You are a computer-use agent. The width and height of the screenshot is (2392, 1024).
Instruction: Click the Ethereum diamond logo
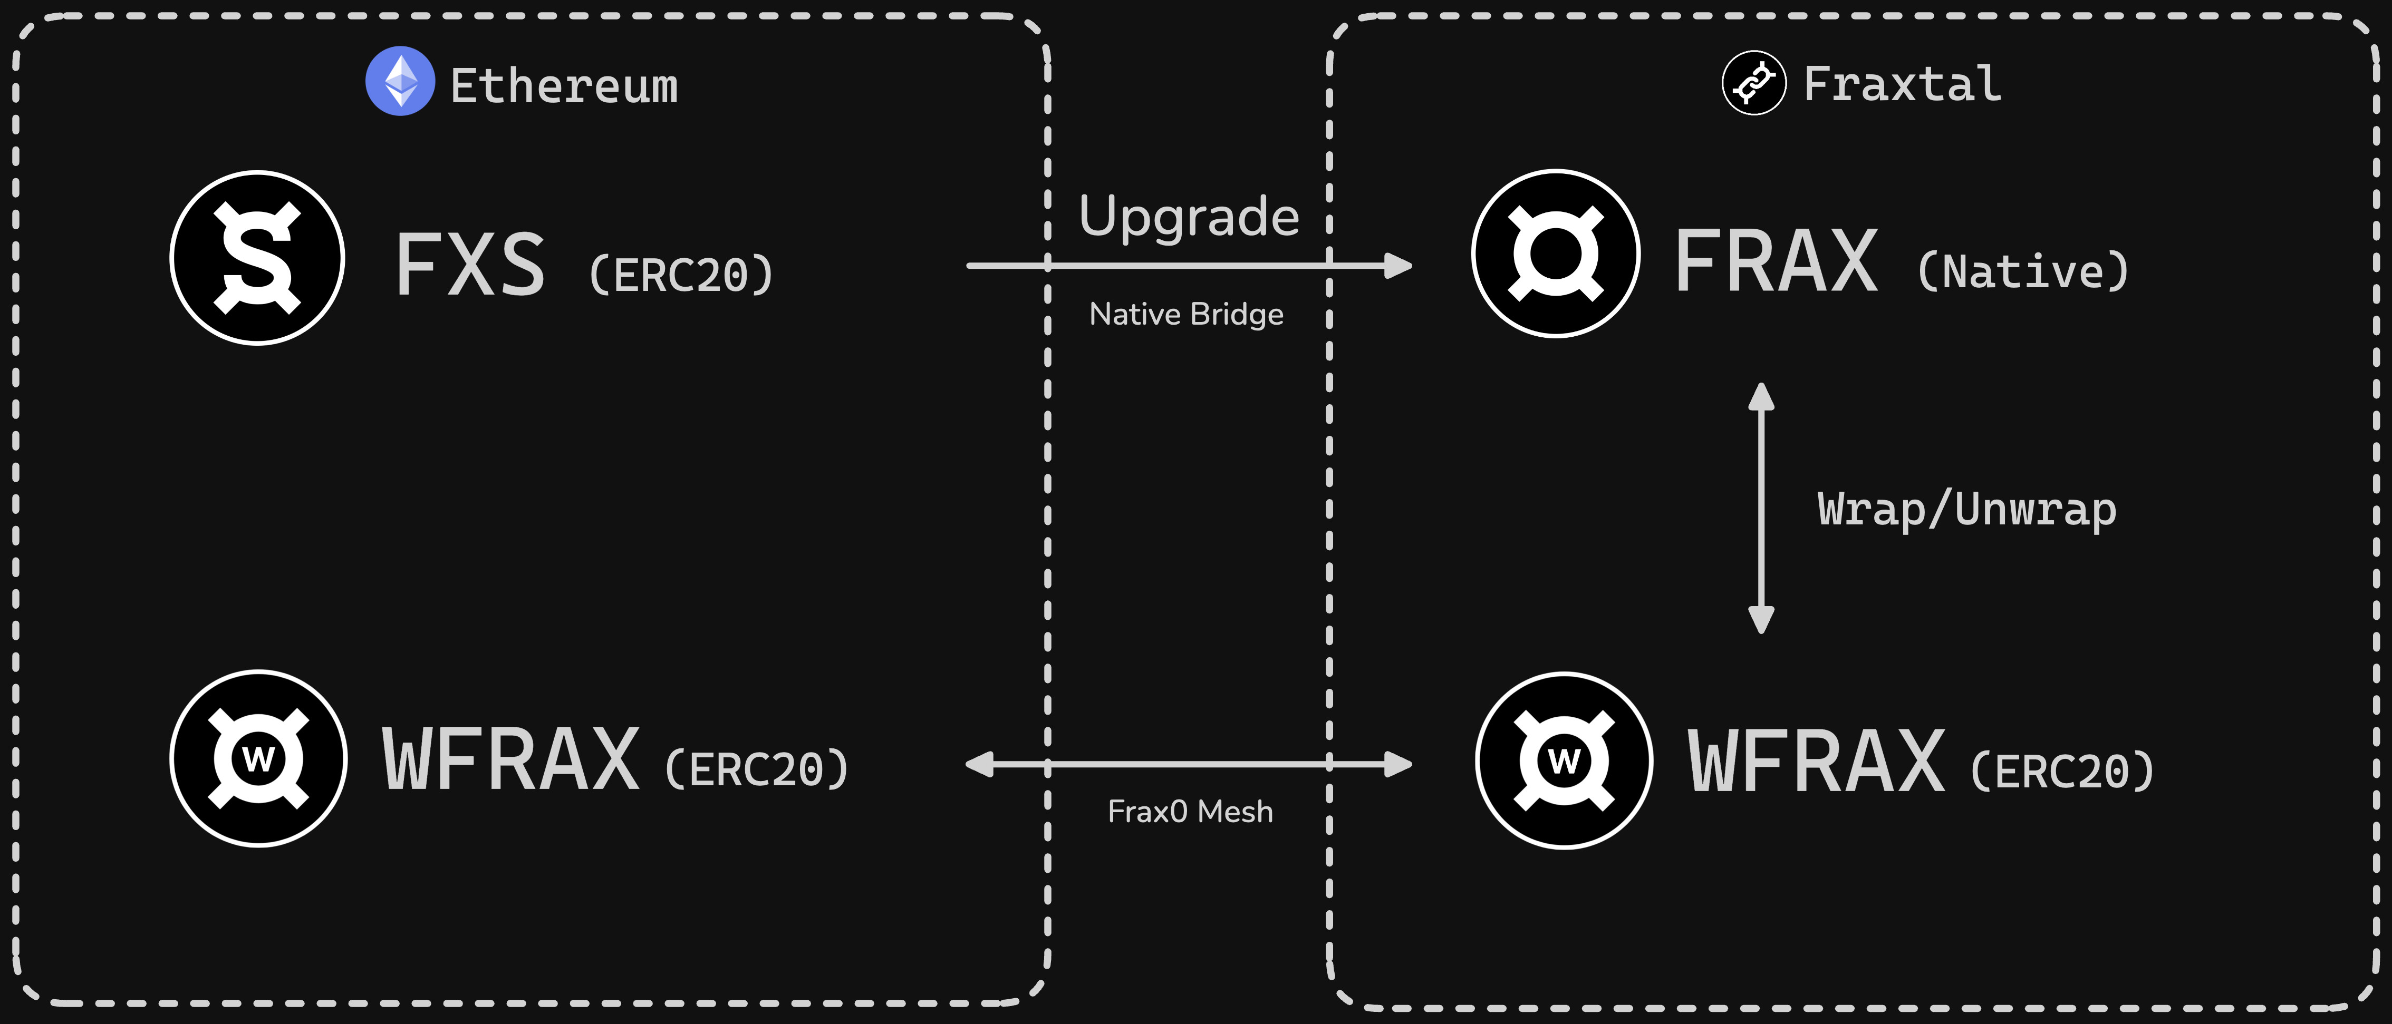point(400,82)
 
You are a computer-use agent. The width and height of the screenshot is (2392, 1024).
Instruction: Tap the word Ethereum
point(564,86)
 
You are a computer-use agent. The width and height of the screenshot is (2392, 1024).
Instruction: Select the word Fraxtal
point(1902,84)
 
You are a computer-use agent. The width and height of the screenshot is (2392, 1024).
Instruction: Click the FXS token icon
point(257,258)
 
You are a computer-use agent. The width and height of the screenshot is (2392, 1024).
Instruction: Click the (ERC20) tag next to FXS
point(681,275)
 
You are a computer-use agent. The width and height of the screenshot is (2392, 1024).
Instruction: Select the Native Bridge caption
point(1186,315)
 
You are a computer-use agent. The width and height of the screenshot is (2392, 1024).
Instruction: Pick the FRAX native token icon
point(1555,253)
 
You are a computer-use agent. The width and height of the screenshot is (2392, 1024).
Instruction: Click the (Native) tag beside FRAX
point(2022,272)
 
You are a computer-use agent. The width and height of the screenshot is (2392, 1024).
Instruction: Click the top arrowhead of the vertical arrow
point(1761,396)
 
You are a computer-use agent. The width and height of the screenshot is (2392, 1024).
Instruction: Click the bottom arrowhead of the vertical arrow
point(1761,619)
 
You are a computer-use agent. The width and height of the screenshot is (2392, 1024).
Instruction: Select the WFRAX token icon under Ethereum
point(258,758)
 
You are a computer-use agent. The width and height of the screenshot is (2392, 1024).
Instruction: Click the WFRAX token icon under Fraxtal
point(1564,760)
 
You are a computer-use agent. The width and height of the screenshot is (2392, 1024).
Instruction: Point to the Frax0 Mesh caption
point(1190,812)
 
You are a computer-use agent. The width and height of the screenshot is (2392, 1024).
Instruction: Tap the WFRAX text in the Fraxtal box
point(1815,762)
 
